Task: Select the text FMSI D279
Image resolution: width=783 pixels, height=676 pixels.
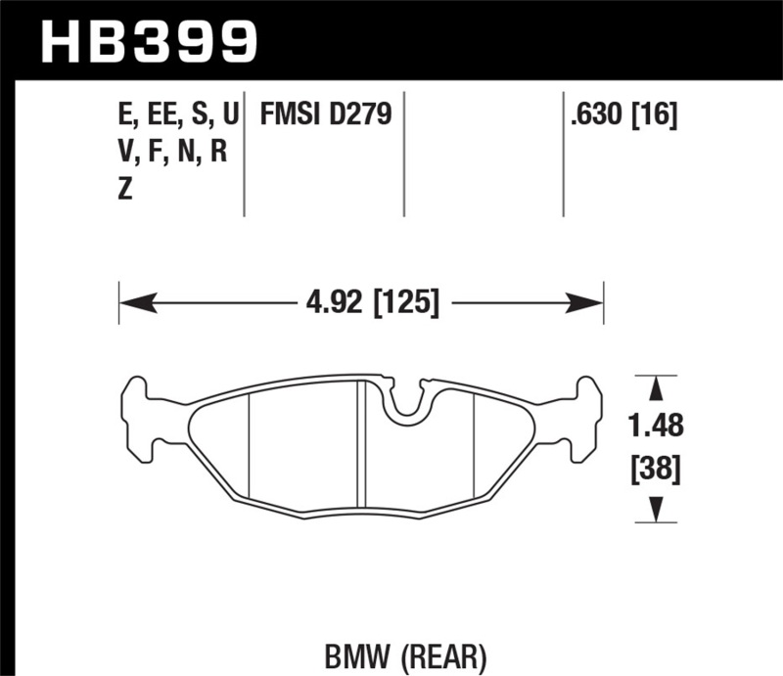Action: click(325, 116)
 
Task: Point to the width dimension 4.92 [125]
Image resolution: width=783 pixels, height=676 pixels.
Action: click(361, 300)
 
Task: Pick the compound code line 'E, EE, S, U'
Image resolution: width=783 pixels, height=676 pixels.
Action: click(176, 116)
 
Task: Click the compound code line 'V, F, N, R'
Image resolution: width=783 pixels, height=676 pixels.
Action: click(171, 154)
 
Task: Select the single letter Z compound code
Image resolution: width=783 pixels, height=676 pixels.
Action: click(124, 191)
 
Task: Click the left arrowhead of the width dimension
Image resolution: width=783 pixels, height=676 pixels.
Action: click(128, 301)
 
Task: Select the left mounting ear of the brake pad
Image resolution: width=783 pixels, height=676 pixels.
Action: click(138, 416)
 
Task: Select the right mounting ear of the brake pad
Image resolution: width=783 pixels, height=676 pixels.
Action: click(584, 416)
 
